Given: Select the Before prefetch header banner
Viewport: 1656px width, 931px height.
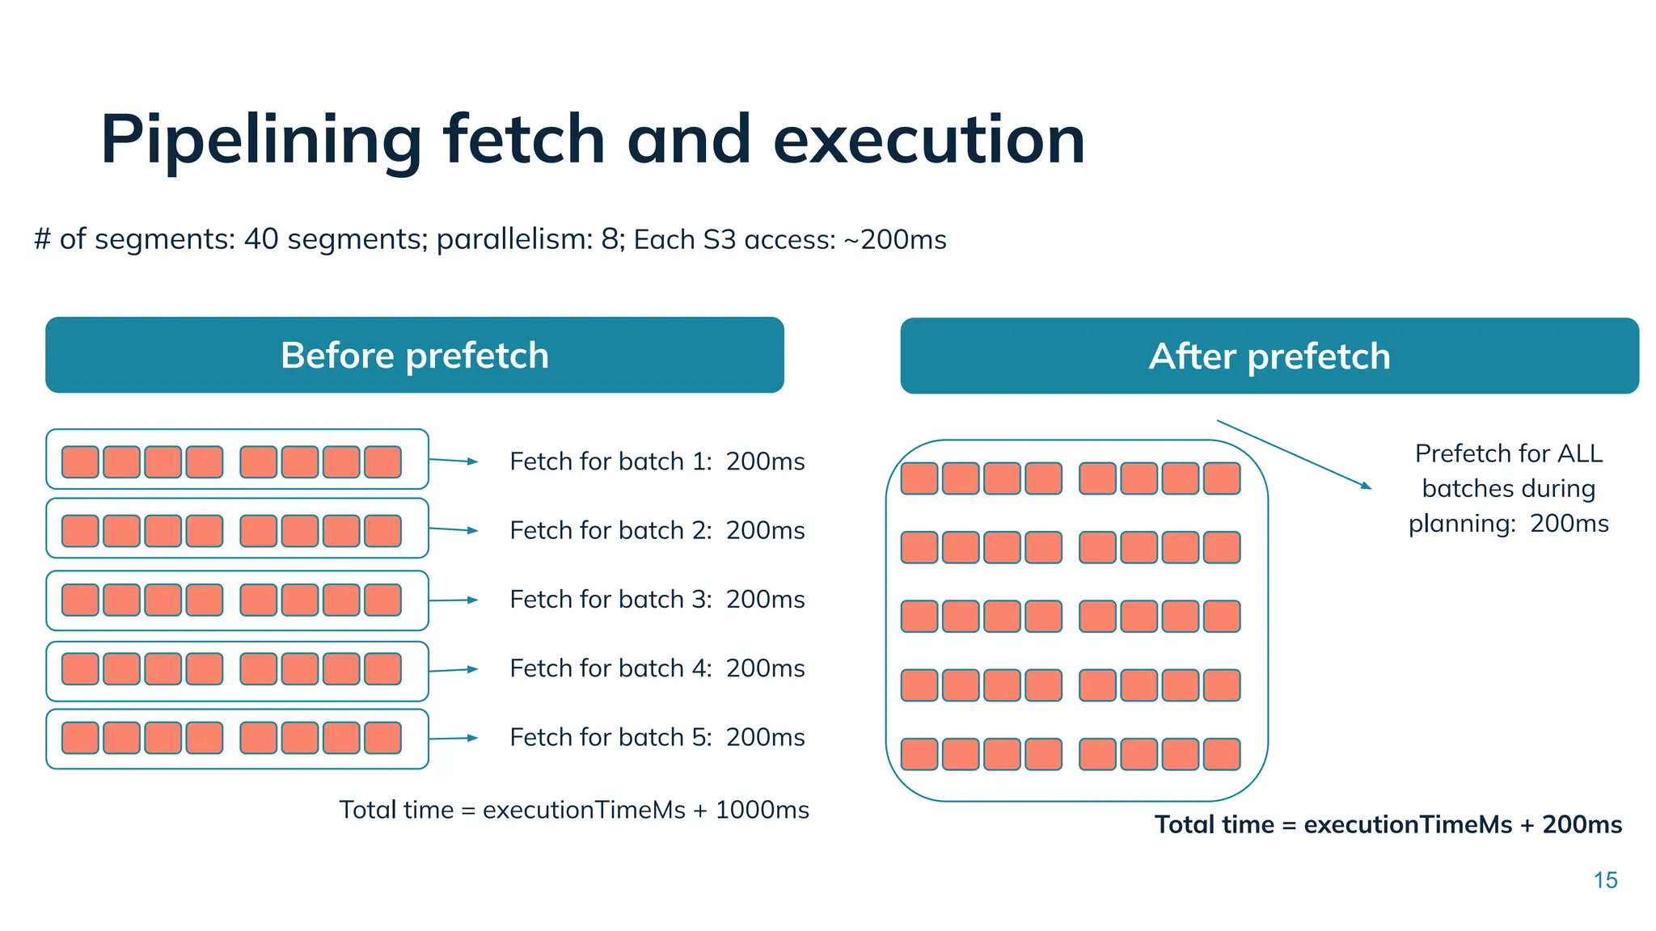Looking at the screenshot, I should coord(415,356).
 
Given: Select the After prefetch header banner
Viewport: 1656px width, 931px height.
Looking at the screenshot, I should coord(1269,356).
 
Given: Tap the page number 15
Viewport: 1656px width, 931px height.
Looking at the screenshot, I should coord(1605,880).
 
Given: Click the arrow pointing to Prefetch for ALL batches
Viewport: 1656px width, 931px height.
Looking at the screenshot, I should coord(1294,454).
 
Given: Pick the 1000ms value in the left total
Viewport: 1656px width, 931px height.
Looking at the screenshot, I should coord(762,810).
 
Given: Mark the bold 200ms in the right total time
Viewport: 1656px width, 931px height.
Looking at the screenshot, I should coord(1582,824).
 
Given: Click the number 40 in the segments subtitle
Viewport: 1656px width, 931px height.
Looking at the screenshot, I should coord(261,239).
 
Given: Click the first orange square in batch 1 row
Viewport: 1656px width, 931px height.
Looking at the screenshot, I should coord(80,462).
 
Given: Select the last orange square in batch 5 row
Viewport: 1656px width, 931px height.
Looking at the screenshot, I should coord(382,738).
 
